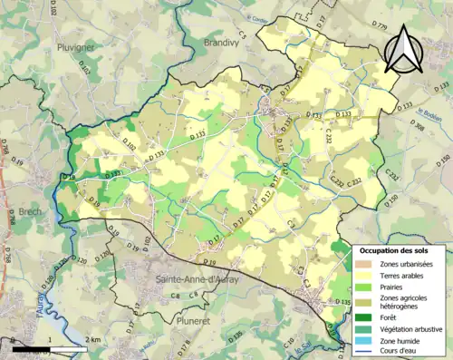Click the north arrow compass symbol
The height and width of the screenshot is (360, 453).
point(402,47)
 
